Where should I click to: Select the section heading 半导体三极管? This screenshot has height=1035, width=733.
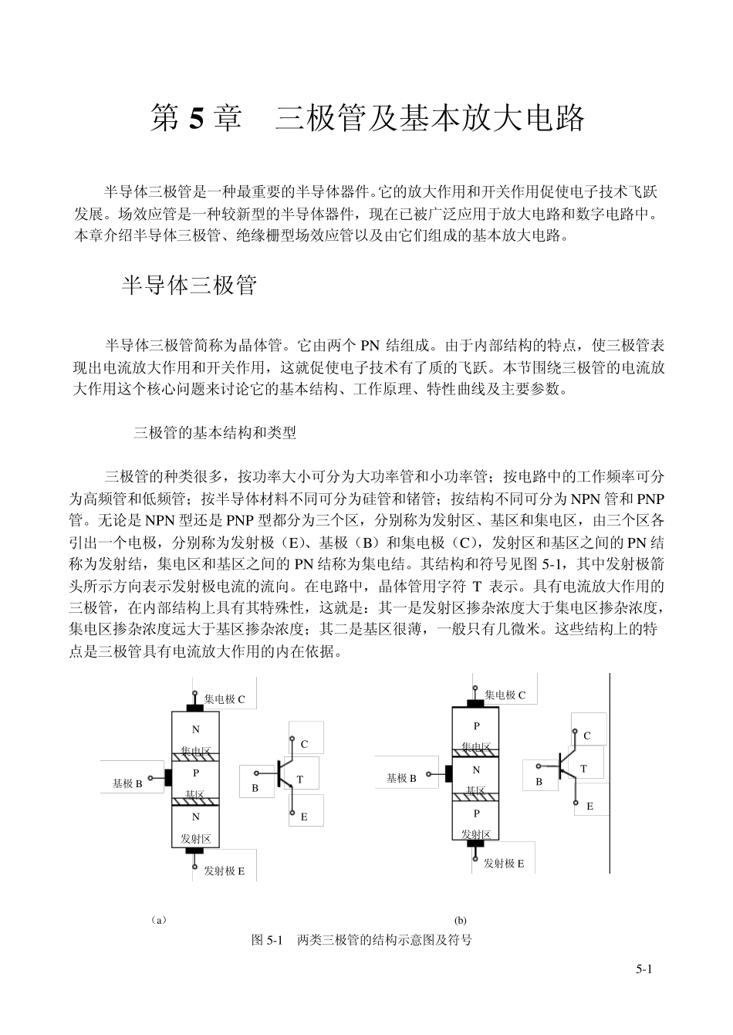click(189, 286)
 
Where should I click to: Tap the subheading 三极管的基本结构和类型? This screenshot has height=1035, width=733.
click(215, 433)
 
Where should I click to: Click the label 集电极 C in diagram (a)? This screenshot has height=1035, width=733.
click(225, 699)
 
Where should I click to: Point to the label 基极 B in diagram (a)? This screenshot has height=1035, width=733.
click(127, 783)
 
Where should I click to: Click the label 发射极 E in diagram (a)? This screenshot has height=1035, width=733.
click(224, 871)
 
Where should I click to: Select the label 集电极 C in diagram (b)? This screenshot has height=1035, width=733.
click(505, 695)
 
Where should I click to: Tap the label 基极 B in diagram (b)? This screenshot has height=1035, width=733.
click(401, 778)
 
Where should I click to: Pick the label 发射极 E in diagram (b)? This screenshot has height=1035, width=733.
click(504, 864)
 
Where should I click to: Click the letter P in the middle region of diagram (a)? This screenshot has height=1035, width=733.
click(195, 773)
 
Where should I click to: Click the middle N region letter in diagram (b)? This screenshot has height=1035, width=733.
click(476, 769)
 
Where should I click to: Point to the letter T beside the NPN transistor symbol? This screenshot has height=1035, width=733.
click(299, 780)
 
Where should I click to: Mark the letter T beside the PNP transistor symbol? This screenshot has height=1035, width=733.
click(583, 769)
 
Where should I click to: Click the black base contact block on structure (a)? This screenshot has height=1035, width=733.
click(167, 777)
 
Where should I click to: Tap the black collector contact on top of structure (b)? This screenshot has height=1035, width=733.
click(475, 704)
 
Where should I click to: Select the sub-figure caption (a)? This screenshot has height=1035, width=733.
click(158, 920)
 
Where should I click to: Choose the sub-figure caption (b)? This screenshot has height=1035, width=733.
click(460, 920)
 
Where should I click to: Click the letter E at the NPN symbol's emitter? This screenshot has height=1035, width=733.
click(304, 816)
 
